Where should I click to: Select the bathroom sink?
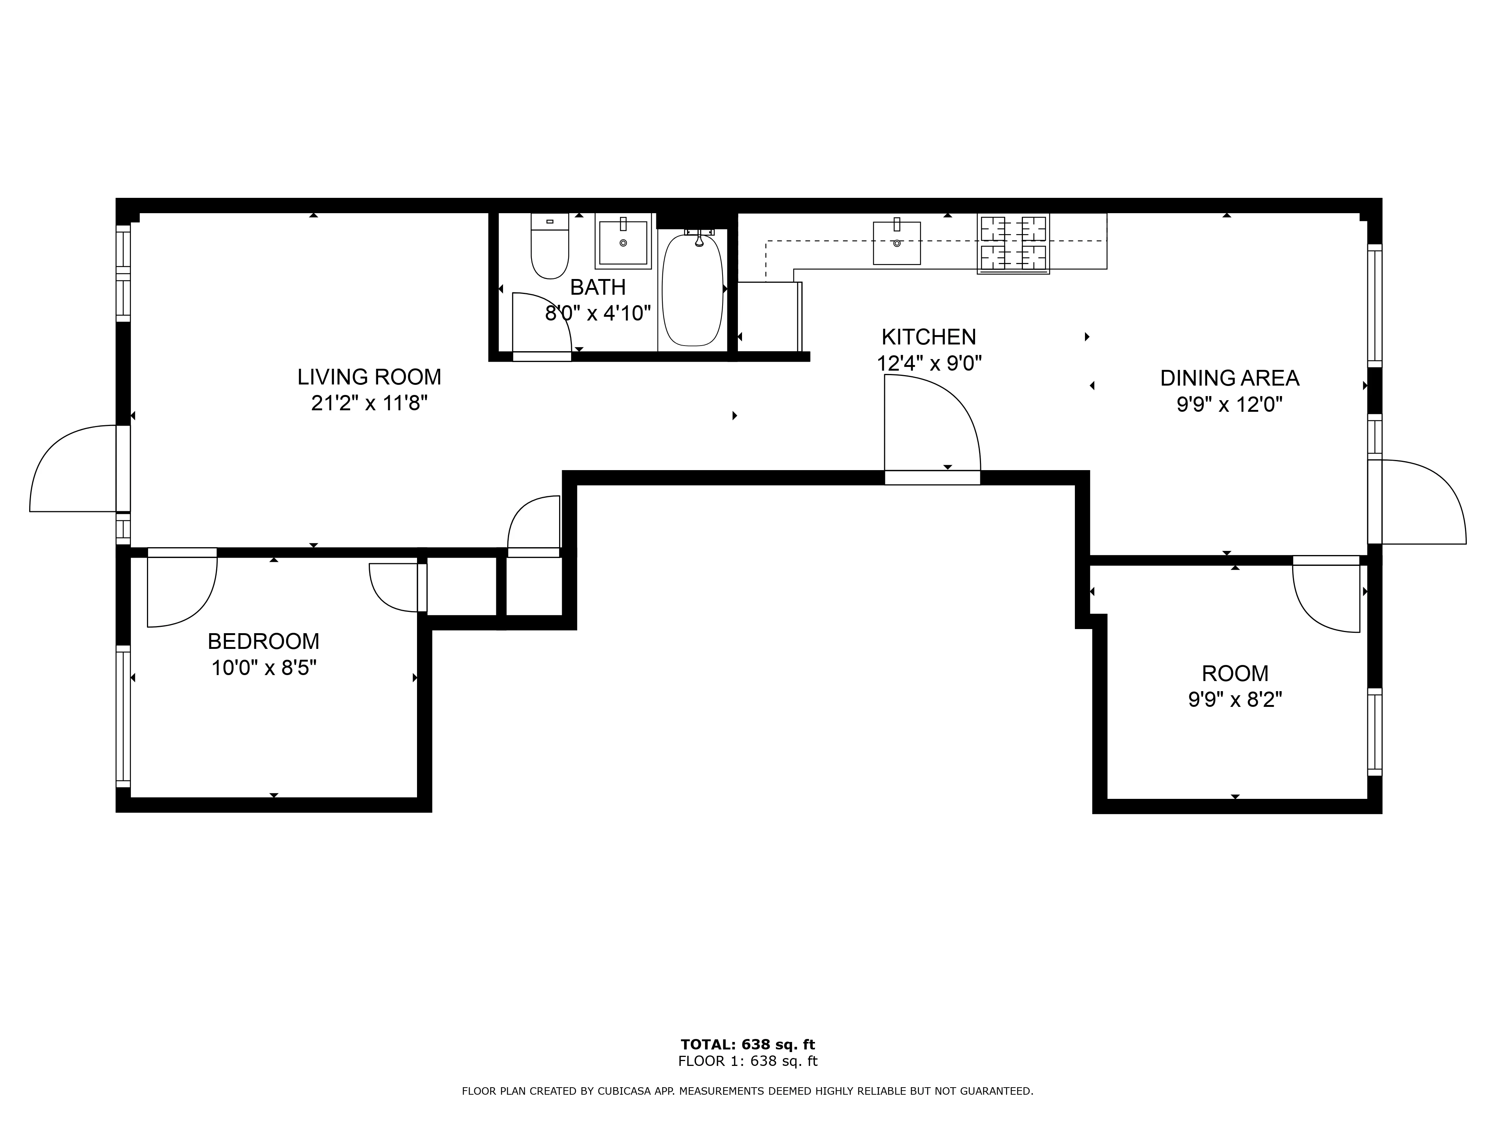click(623, 242)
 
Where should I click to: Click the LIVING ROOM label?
click(369, 377)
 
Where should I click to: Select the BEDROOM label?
click(263, 641)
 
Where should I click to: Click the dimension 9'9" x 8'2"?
click(1235, 699)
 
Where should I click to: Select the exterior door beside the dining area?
click(1420, 502)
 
